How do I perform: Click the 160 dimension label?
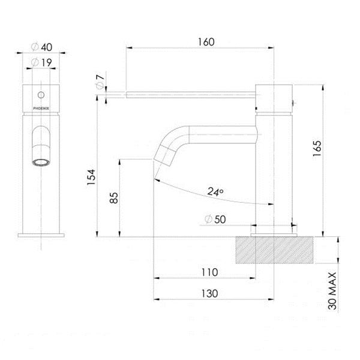click(x=206, y=42)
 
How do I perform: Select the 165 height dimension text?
click(x=317, y=149)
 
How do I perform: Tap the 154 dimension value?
click(x=91, y=177)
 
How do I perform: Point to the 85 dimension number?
click(x=113, y=198)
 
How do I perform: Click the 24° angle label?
click(x=215, y=191)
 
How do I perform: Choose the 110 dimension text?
click(x=209, y=272)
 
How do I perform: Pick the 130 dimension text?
click(x=209, y=293)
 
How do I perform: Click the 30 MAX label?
click(x=332, y=291)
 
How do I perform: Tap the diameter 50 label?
click(x=215, y=220)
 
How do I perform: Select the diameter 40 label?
click(x=42, y=47)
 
